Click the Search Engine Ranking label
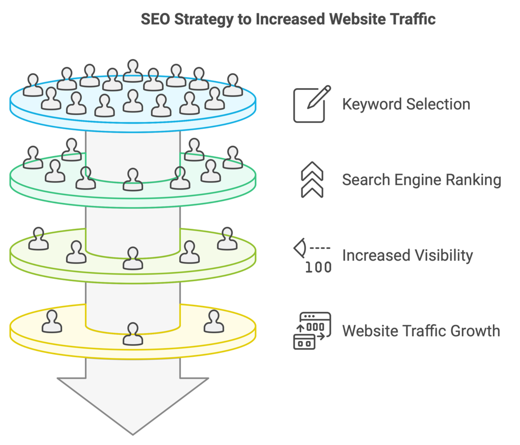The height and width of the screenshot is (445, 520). [422, 180]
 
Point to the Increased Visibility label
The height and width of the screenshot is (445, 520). [407, 256]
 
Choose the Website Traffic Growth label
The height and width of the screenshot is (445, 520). [421, 331]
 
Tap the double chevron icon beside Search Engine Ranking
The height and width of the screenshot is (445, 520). [312, 180]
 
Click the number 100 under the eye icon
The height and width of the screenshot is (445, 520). [318, 267]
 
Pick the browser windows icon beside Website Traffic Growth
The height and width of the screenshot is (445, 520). [312, 331]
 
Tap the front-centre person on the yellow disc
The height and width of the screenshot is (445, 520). [133, 334]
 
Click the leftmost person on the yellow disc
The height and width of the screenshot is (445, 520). [52, 322]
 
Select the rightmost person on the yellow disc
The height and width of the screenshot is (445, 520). [214, 322]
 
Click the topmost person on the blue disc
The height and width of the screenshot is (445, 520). [133, 71]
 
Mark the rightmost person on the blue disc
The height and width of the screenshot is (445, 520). [233, 85]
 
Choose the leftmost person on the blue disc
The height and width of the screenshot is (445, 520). [33, 85]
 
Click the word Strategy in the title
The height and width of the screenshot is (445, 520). [204, 19]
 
